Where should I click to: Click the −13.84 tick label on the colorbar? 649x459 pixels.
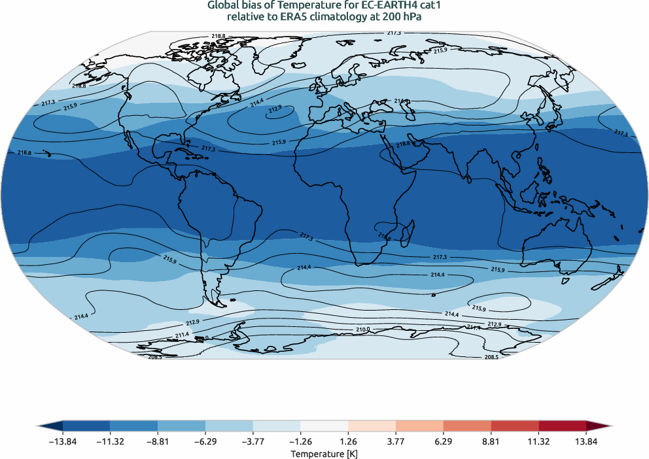click(63, 442)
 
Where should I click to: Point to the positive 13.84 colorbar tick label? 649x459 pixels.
click(586, 442)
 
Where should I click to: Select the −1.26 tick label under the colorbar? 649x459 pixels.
click(301, 442)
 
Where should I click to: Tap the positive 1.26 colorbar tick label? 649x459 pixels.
click(348, 442)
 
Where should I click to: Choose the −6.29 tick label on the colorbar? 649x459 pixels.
click(205, 442)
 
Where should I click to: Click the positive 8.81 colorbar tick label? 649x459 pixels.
click(491, 442)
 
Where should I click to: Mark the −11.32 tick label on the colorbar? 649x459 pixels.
click(111, 442)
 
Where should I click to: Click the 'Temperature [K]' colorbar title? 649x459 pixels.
click(324, 453)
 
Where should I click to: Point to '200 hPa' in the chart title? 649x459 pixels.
click(404, 18)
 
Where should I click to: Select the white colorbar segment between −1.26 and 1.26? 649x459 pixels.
click(324, 426)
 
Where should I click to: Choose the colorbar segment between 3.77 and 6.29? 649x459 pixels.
click(419, 426)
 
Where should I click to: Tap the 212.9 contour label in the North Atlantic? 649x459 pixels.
click(274, 109)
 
